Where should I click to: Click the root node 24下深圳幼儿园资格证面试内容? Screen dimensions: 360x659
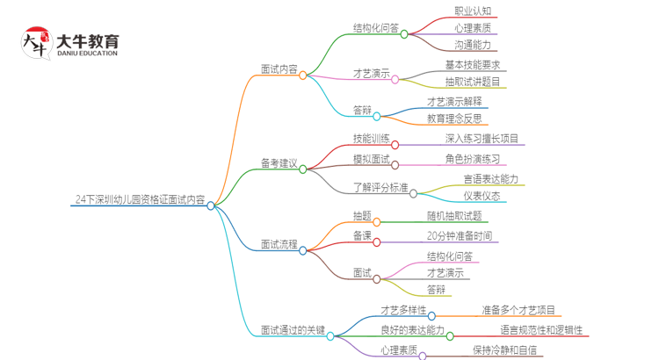click(141, 200)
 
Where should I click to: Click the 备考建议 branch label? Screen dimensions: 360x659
click(279, 164)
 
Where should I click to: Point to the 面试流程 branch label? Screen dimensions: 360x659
click(279, 244)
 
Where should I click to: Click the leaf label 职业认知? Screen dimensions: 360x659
click(473, 11)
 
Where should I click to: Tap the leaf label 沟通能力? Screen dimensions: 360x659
click(473, 44)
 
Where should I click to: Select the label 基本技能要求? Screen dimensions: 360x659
click(473, 66)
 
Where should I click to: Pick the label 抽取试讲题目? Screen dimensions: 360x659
click(473, 82)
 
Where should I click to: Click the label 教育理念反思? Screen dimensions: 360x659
click(454, 119)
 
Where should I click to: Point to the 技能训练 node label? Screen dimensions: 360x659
click(371, 139)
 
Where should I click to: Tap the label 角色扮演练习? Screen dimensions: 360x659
click(473, 159)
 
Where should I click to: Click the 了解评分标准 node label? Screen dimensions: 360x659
click(380, 187)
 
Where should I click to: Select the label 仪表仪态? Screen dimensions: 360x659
click(482, 196)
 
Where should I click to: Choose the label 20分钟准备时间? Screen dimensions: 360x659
click(459, 235)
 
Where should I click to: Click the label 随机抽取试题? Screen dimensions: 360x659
click(454, 216)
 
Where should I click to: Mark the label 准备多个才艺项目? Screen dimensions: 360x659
click(518, 310)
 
